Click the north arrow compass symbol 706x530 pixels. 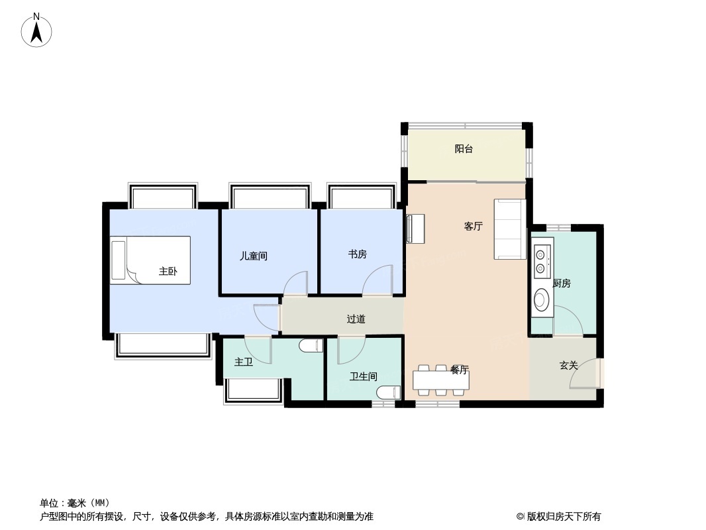point(36,30)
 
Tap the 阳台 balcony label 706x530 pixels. point(464,148)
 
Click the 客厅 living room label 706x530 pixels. point(474,226)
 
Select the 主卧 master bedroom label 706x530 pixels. point(168,271)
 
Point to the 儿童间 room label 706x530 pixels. point(253,256)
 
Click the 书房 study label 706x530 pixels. point(358,254)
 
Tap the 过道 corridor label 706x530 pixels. point(356,319)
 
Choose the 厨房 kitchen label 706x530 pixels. point(562,284)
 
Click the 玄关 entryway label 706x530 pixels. point(568,365)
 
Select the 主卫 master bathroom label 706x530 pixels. point(244,362)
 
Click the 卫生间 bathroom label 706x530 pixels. point(364,376)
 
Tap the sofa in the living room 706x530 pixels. point(510,229)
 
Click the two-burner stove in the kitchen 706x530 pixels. point(539,261)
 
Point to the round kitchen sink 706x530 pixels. point(540,299)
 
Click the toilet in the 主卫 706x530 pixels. point(311,346)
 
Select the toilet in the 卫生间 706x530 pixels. point(388,393)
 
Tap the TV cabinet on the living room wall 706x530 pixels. point(415,229)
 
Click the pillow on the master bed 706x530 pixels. point(119,260)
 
